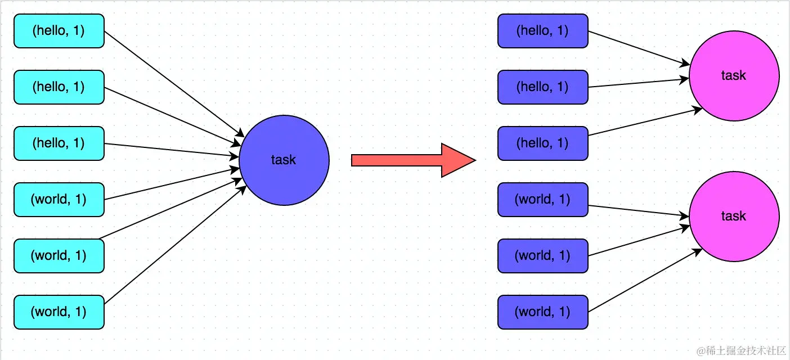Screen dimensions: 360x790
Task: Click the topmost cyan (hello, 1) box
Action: click(x=59, y=31)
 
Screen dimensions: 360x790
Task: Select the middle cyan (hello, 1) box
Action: click(x=59, y=87)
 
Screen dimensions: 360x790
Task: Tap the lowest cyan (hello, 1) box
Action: click(x=59, y=143)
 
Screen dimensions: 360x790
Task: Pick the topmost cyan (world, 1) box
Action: click(x=59, y=200)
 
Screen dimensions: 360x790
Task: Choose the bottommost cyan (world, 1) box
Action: click(x=59, y=312)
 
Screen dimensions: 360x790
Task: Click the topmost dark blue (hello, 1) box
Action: click(x=543, y=31)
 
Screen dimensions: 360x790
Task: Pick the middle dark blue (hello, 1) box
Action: click(x=543, y=87)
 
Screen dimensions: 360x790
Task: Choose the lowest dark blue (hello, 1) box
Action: click(x=543, y=143)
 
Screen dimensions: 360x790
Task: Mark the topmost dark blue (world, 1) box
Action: click(x=543, y=200)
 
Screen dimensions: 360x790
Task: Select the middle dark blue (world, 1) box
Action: click(x=543, y=256)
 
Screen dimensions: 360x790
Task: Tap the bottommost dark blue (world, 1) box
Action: click(x=543, y=312)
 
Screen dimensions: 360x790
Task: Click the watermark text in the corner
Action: click(x=741, y=351)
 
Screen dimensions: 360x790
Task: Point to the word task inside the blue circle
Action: click(x=284, y=160)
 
